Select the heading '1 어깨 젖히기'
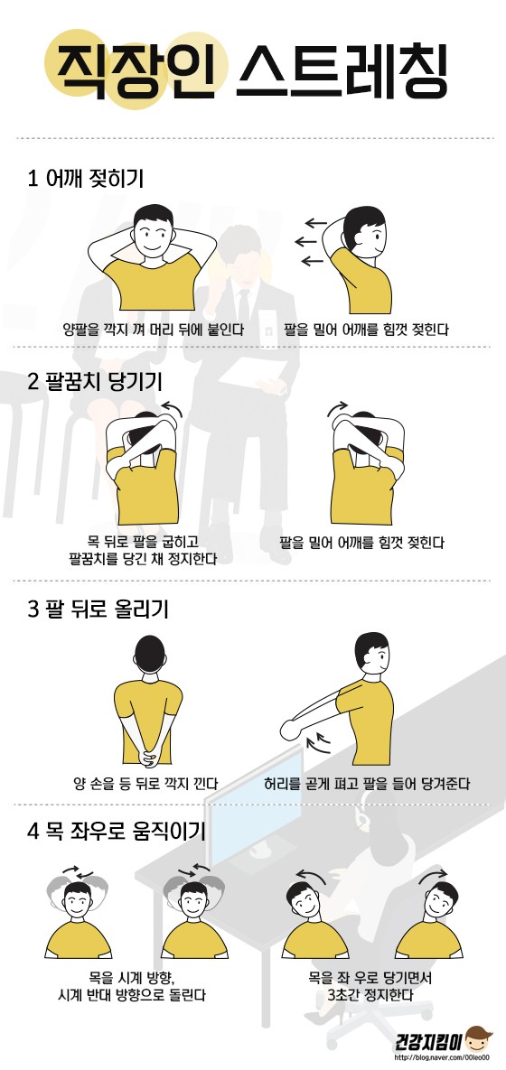85,179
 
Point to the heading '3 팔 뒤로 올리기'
98,609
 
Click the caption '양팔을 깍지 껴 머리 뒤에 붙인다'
154,330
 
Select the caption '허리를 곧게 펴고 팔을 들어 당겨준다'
368,783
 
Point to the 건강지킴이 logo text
429,1042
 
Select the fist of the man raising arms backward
289,730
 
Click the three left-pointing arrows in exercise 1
311,242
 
